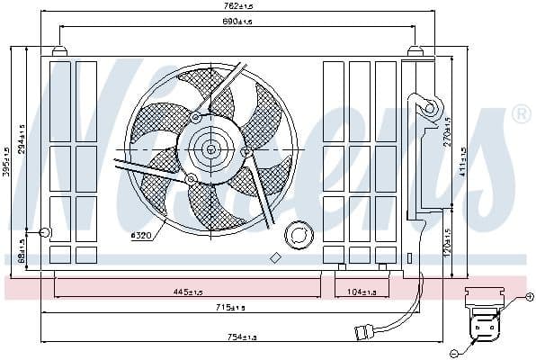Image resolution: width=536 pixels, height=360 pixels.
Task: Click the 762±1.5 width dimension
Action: point(239,8)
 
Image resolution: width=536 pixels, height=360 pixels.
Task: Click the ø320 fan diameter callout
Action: point(143,236)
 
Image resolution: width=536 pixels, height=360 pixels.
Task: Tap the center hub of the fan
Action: point(211,148)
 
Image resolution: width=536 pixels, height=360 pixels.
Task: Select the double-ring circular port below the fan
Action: point(296,237)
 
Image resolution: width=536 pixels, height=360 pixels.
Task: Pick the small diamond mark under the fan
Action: point(275,257)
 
